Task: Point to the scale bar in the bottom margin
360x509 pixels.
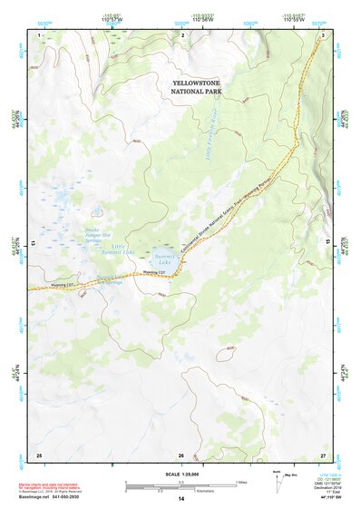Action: point(181,485)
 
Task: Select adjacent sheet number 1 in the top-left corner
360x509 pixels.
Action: point(39,34)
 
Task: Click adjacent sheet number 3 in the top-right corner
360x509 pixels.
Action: point(324,34)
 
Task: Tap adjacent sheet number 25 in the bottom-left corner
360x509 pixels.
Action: point(38,455)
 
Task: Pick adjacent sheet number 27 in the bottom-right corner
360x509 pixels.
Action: point(323,455)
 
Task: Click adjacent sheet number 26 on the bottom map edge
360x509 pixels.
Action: point(181,455)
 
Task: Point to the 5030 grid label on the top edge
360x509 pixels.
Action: point(37,23)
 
